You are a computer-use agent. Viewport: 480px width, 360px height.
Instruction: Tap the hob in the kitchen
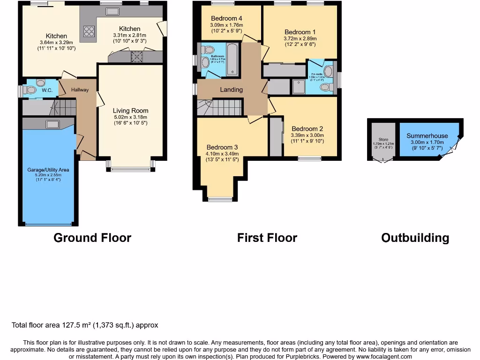pyautogui.click(x=89, y=31)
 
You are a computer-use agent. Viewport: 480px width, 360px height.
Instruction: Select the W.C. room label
pyautogui.click(x=47, y=90)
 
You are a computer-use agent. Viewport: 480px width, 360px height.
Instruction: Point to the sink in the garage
pyautogui.click(x=52, y=124)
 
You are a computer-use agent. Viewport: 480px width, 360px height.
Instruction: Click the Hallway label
pyautogui.click(x=80, y=90)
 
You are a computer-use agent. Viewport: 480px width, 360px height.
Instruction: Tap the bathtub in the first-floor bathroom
pyautogui.click(x=232, y=59)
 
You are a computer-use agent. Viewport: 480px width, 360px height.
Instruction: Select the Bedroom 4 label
pyautogui.click(x=223, y=19)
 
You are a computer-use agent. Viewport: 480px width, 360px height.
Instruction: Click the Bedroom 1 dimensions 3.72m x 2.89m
pyautogui.click(x=300, y=39)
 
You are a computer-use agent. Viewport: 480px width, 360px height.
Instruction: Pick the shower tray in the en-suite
pyautogui.click(x=298, y=87)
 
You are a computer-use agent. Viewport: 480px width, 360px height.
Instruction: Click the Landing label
pyautogui.click(x=232, y=90)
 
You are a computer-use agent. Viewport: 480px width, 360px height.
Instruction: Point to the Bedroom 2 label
pyautogui.click(x=307, y=129)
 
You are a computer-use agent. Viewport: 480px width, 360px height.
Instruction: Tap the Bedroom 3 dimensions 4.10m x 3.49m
pyautogui.click(x=222, y=154)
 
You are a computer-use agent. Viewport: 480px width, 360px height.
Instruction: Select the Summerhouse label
pyautogui.click(x=427, y=136)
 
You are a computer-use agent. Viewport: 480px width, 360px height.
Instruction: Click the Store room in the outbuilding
pyautogui.click(x=383, y=141)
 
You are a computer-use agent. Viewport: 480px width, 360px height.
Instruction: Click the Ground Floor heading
pyautogui.click(x=92, y=238)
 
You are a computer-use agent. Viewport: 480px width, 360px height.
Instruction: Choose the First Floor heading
pyautogui.click(x=267, y=238)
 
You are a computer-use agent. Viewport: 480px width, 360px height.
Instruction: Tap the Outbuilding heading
pyautogui.click(x=415, y=238)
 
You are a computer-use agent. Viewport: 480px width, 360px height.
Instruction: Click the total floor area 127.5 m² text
pyautogui.click(x=85, y=325)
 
